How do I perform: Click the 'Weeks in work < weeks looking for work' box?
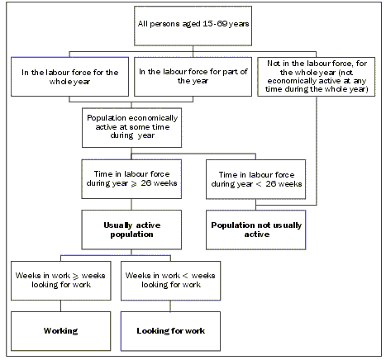point(171,278)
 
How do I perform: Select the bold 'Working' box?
point(60,329)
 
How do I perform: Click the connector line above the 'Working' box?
point(60,303)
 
